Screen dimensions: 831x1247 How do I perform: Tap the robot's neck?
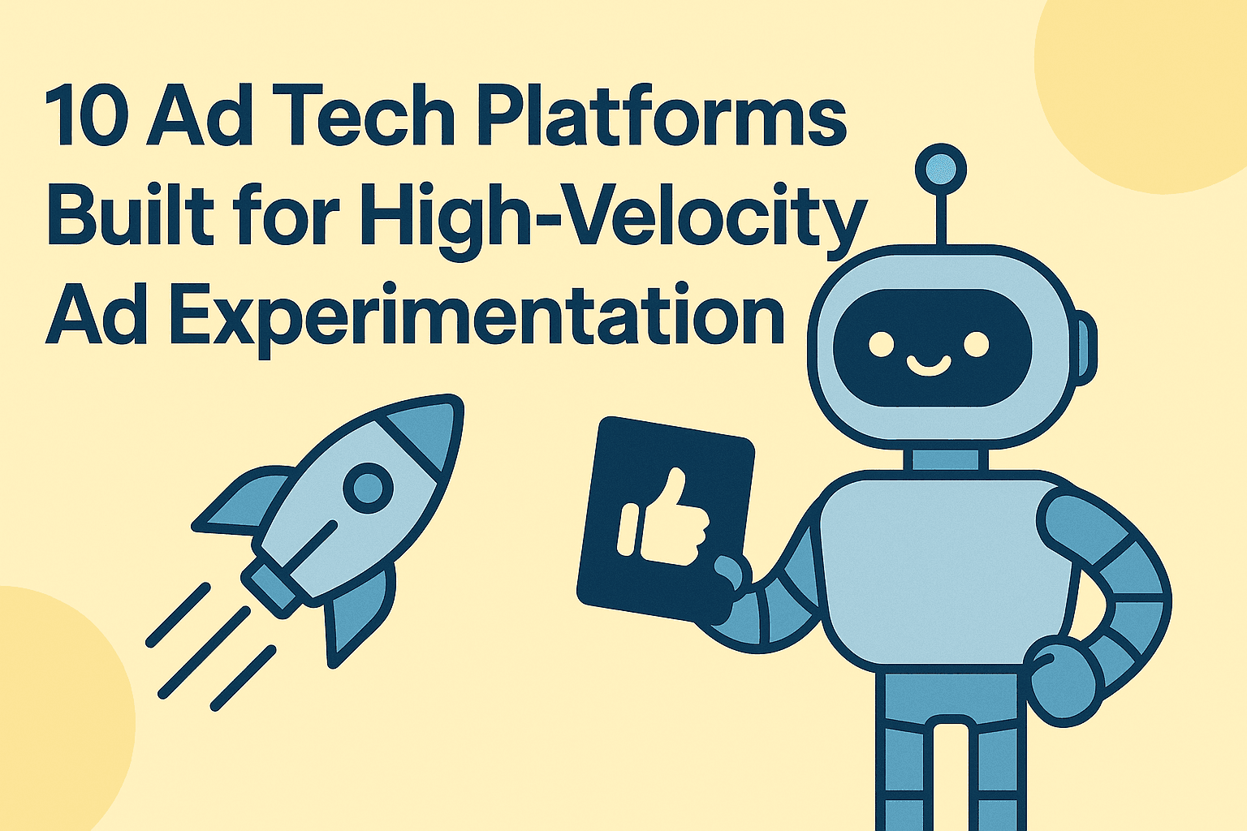pos(945,459)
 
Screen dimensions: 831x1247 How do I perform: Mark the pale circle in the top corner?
pos(1153,81)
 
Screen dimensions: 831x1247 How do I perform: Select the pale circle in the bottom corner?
pos(49,714)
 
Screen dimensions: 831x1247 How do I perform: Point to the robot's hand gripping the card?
pos(727,576)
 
